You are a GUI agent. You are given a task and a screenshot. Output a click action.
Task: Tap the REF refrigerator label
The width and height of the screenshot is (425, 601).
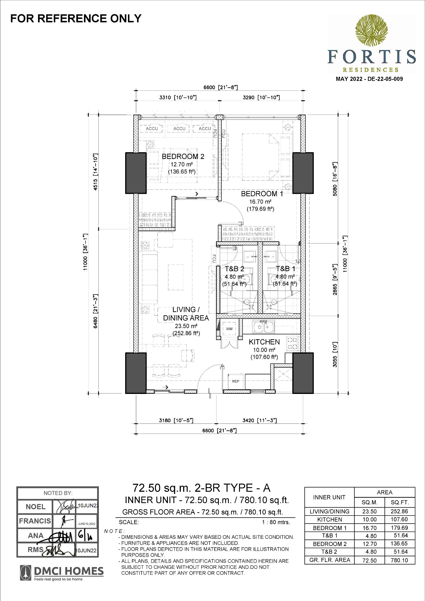[x=236, y=381]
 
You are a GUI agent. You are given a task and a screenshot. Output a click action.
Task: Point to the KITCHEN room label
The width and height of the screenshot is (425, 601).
[x=264, y=342]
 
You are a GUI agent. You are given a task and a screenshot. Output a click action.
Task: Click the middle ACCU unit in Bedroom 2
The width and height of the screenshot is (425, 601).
[x=179, y=128]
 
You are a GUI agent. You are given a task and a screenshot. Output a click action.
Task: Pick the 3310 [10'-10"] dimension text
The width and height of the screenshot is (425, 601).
[x=178, y=98]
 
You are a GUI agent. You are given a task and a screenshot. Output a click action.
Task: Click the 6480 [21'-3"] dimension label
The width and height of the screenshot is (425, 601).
[x=95, y=311]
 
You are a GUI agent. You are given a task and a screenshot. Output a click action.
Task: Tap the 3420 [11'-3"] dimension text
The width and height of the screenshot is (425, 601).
[x=259, y=420]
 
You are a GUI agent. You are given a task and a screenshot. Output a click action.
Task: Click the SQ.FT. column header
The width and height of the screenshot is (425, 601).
[x=400, y=502]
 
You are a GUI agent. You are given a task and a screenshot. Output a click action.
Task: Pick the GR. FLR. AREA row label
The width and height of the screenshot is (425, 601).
[x=329, y=560]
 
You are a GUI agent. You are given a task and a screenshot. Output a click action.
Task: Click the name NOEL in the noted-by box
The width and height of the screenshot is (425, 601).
[x=35, y=507]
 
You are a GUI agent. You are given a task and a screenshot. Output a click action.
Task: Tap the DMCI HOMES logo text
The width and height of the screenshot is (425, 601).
[x=69, y=571]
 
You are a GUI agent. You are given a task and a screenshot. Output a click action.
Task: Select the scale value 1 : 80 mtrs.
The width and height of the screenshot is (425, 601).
[x=276, y=522]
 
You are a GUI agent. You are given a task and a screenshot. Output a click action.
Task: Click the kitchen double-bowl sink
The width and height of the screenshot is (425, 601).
[x=263, y=327]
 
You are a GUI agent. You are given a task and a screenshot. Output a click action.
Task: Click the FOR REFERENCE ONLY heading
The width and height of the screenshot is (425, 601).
[x=76, y=18]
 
